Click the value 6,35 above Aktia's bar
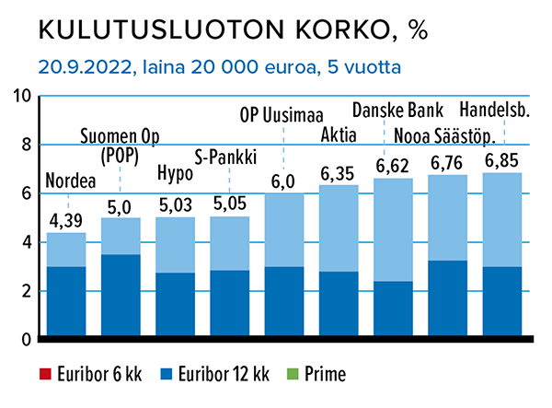[x=338, y=172]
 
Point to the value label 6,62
[x=394, y=166]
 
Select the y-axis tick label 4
[x=26, y=242]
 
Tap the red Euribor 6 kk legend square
[x=43, y=376]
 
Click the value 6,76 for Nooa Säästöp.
[x=449, y=162]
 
